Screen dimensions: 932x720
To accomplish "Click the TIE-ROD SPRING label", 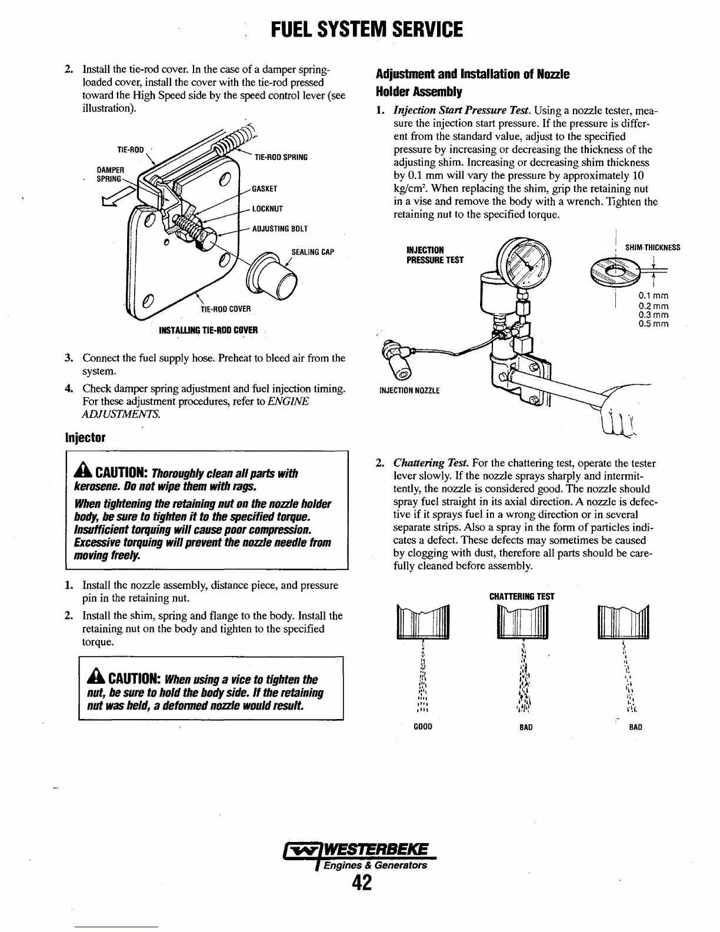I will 281,158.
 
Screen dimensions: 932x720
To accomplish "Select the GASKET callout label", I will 264,189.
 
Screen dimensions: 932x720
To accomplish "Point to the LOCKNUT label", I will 267,209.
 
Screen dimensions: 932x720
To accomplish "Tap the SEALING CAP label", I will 312,252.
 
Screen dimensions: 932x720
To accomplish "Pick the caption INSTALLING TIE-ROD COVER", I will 208,330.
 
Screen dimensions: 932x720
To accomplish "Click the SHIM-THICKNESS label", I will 652,248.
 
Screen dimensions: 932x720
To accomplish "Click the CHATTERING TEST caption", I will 522,596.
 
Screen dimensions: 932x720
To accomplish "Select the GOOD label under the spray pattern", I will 423,727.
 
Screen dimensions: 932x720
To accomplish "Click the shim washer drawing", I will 613,272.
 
